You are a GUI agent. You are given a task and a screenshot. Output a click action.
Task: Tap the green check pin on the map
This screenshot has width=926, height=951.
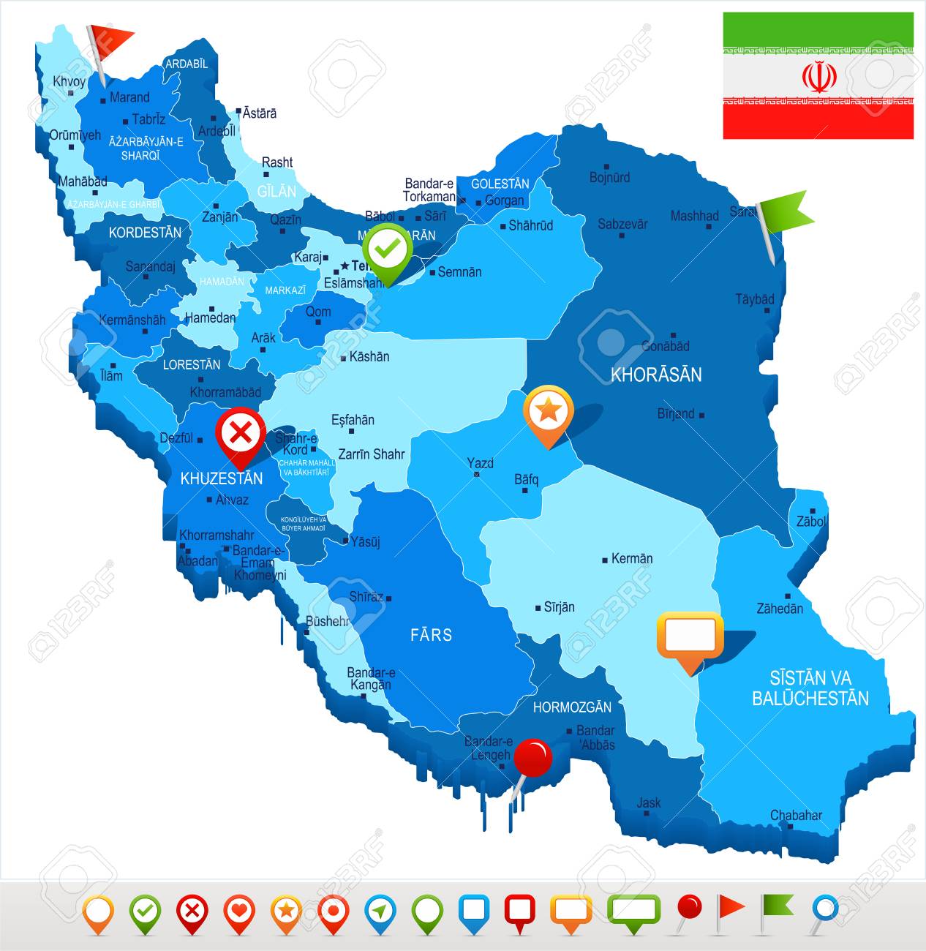pos(388,249)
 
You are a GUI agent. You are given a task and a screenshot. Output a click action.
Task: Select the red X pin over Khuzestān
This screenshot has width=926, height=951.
pos(241,435)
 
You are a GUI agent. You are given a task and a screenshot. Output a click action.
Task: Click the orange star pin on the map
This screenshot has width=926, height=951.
pos(548,412)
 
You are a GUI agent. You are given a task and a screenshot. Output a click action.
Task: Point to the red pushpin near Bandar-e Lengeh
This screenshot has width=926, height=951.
pos(532,759)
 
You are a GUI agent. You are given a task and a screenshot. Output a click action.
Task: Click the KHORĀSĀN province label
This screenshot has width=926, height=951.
pos(656,375)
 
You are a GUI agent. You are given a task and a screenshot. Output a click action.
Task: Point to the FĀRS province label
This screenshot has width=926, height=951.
pos(431,634)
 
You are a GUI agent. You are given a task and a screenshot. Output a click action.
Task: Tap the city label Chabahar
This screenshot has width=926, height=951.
pos(796,815)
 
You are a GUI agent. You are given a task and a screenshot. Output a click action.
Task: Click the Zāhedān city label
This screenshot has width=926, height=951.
pos(779,608)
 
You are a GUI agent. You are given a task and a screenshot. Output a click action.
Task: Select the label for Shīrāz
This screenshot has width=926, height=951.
pos(366,596)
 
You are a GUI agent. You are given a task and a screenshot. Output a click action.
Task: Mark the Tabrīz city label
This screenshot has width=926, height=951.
pos(148,119)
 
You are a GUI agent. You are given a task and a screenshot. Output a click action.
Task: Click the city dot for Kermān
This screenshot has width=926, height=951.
pos(605,560)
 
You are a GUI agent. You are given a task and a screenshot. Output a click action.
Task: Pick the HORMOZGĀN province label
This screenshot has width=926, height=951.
pos(571,707)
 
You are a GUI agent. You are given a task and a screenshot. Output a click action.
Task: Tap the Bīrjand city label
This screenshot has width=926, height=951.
pos(675,413)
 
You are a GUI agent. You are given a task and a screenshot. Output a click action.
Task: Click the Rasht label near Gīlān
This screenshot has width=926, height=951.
pos(277,162)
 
